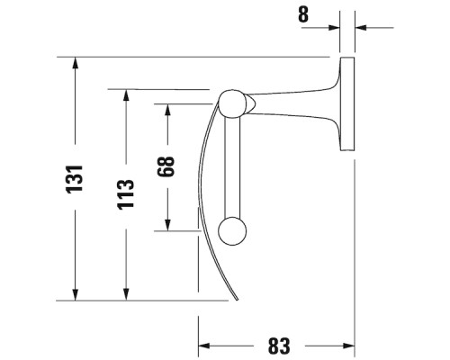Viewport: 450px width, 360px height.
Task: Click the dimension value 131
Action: [x=75, y=179]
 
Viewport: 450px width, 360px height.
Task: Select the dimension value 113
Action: [x=125, y=194]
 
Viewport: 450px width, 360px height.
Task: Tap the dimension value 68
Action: [x=166, y=166]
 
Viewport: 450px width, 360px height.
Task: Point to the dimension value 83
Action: [x=279, y=346]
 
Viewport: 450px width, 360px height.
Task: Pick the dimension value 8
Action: [x=303, y=14]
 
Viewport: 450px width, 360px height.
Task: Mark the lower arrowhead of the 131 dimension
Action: [x=75, y=293]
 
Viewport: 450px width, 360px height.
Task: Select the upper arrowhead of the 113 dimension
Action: [x=126, y=95]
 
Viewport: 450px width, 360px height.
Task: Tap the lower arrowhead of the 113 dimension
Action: [x=126, y=293]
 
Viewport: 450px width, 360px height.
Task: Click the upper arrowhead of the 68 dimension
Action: [x=167, y=110]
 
